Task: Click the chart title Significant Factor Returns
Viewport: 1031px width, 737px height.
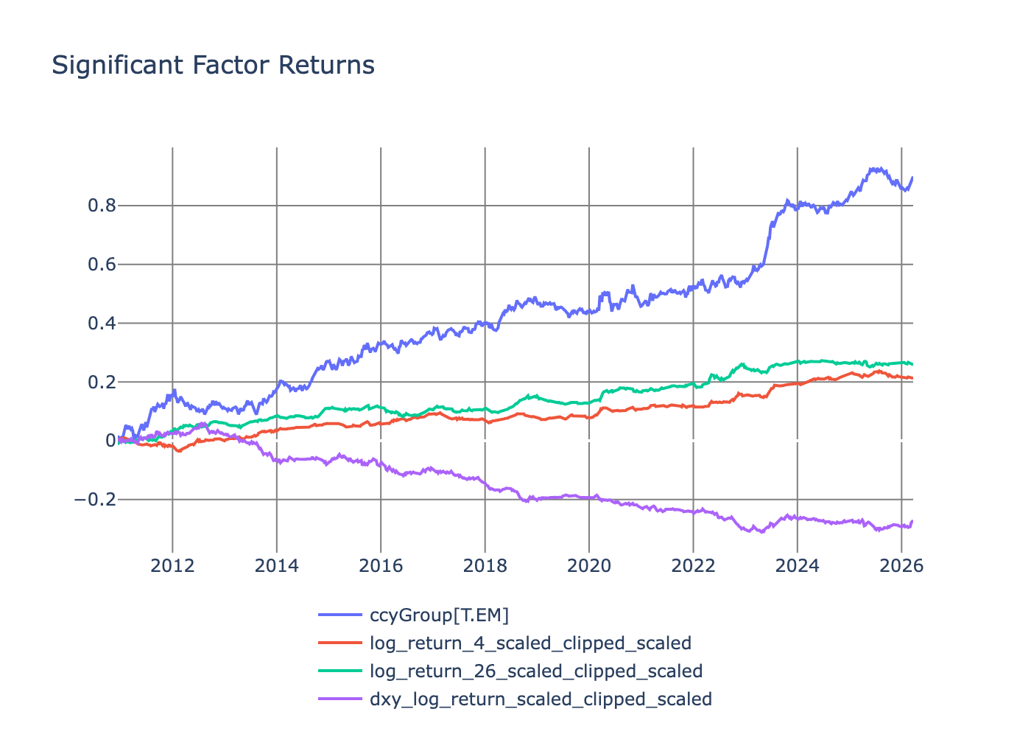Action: [213, 65]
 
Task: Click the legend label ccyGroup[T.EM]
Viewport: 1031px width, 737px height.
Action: [439, 615]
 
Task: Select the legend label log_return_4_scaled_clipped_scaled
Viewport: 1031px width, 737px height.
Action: [530, 643]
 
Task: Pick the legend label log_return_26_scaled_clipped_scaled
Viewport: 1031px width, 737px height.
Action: [535, 671]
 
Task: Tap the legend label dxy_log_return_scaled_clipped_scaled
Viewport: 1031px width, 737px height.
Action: [541, 699]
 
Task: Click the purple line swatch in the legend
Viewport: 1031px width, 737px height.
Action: [340, 699]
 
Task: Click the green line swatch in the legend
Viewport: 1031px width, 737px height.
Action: [340, 671]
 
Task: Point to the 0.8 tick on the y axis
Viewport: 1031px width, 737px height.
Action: [102, 206]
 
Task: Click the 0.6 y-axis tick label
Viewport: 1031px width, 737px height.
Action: [102, 265]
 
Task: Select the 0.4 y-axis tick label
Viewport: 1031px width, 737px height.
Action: [102, 324]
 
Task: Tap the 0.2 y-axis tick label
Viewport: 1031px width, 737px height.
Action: [102, 383]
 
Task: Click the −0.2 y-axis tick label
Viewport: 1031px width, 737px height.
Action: [96, 500]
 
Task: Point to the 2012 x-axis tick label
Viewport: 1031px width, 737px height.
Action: [172, 565]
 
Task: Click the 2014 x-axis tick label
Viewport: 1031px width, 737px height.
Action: [277, 565]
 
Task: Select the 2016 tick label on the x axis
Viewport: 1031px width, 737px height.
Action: [381, 565]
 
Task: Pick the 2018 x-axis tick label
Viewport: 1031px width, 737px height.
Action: [485, 565]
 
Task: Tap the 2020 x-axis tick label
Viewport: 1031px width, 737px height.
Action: [589, 565]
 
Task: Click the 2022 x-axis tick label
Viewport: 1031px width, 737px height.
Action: [693, 565]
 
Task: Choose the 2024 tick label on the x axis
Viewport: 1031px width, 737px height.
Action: [798, 565]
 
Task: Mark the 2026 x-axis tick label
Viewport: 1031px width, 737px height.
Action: [901, 565]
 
